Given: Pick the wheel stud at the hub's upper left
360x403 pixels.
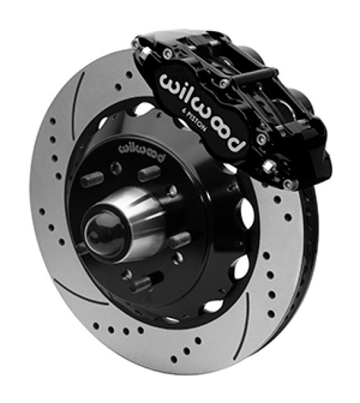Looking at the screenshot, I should (91, 179).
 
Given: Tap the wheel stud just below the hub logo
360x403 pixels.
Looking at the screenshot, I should (148, 173).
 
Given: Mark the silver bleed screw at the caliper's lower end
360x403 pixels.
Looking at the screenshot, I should (269, 167).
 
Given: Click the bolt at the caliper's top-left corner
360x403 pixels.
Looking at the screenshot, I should (137, 44).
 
